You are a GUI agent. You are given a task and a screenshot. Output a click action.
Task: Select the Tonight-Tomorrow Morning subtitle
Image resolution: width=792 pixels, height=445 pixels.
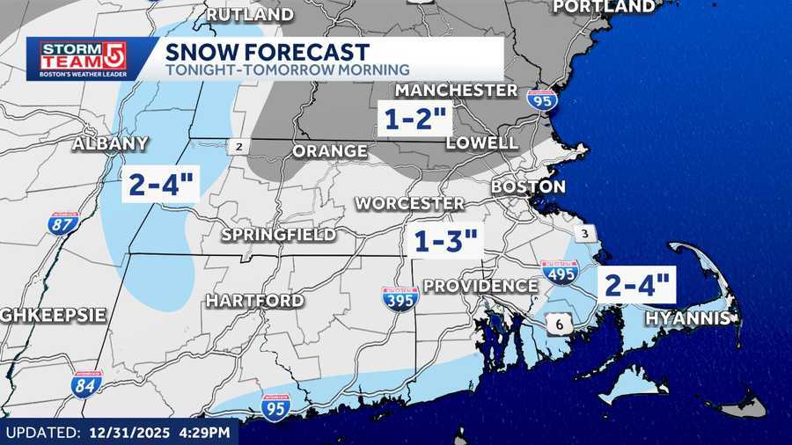click(286, 69)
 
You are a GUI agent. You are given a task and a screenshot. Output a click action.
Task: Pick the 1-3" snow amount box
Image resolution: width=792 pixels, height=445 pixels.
click(445, 240)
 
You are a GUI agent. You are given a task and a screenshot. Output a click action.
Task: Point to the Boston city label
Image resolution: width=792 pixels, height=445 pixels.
click(528, 186)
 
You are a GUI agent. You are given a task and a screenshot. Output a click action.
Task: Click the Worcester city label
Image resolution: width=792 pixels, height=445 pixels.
click(409, 203)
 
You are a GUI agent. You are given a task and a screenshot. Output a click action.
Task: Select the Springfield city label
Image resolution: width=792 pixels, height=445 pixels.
click(278, 235)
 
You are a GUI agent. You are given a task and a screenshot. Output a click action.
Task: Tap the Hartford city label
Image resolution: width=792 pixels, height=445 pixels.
click(255, 301)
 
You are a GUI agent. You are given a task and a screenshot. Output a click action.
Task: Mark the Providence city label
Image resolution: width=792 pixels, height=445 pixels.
click(480, 286)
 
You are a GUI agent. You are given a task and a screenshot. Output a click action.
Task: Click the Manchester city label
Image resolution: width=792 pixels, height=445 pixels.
click(456, 90)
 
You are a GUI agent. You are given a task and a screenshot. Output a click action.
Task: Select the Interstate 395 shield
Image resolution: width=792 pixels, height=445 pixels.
click(400, 297)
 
